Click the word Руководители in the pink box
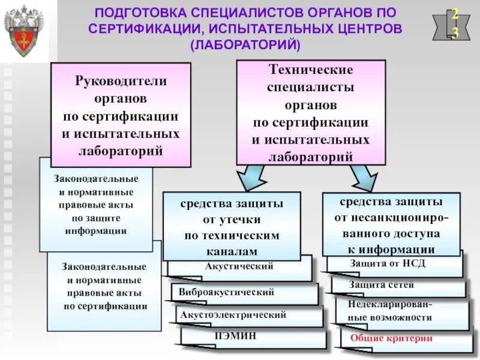121,80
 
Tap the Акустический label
239,266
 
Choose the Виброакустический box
226,293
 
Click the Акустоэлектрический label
232,314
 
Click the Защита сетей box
381,285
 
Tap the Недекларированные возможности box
389,311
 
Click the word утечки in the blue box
232,220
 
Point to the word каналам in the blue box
231,251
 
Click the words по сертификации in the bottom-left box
105,306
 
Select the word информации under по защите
96,230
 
